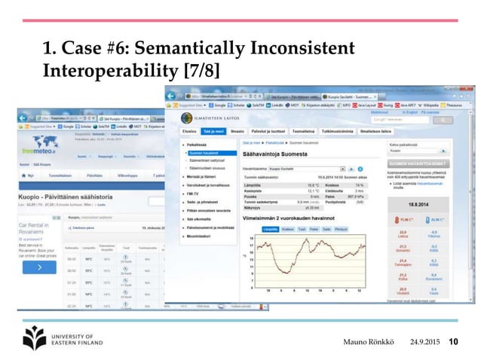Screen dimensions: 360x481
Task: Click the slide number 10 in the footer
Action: coord(454,343)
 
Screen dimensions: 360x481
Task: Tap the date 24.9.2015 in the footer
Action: coord(425,343)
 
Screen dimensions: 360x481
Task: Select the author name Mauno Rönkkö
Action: coord(372,343)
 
